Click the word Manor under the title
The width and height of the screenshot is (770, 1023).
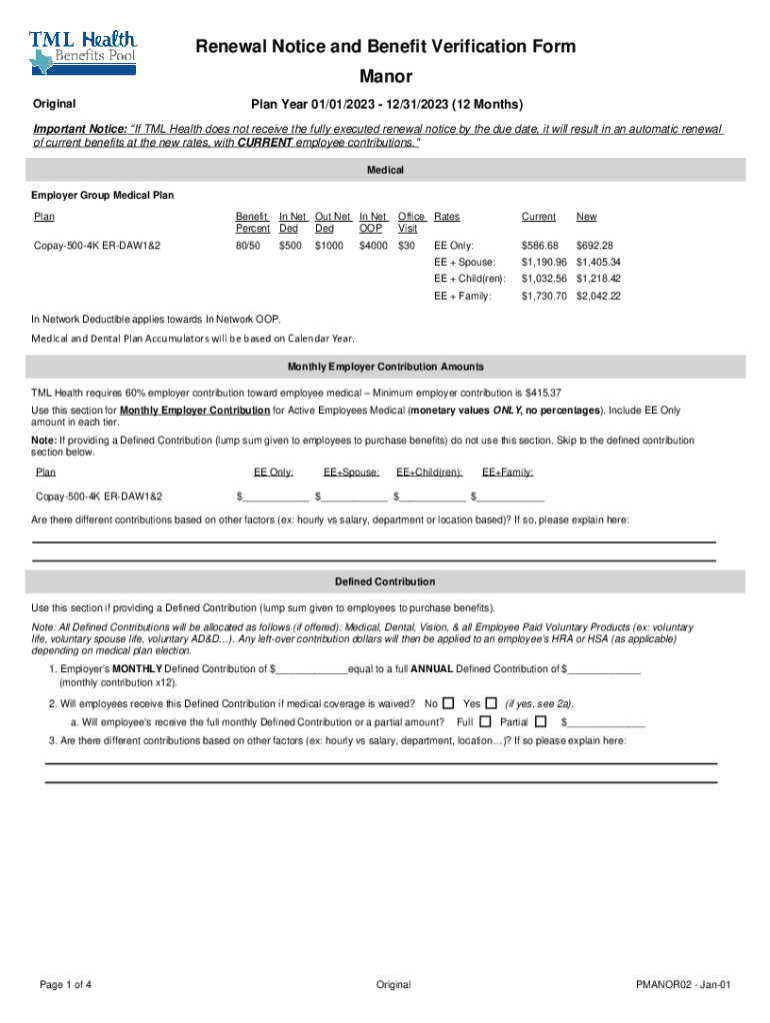click(385, 77)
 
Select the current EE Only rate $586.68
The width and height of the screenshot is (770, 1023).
click(539, 245)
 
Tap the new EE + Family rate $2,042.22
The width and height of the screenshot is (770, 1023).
click(598, 296)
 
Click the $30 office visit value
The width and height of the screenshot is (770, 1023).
click(406, 245)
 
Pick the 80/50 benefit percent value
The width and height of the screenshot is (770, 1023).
click(247, 245)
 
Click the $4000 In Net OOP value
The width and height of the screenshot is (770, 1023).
click(372, 245)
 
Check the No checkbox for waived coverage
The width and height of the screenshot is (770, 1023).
click(448, 703)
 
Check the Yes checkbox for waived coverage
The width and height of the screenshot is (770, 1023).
click(491, 703)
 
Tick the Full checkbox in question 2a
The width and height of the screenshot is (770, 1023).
click(485, 721)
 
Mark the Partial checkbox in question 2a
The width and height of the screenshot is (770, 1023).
click(541, 721)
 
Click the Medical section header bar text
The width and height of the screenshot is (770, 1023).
click(385, 171)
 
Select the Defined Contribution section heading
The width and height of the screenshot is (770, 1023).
click(385, 581)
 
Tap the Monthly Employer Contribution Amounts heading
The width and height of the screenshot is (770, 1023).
click(385, 367)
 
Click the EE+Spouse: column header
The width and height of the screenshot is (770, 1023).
click(351, 473)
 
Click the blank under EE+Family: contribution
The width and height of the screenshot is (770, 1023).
click(510, 497)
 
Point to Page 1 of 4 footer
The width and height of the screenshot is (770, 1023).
click(66, 984)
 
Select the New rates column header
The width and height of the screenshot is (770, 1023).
click(586, 216)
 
